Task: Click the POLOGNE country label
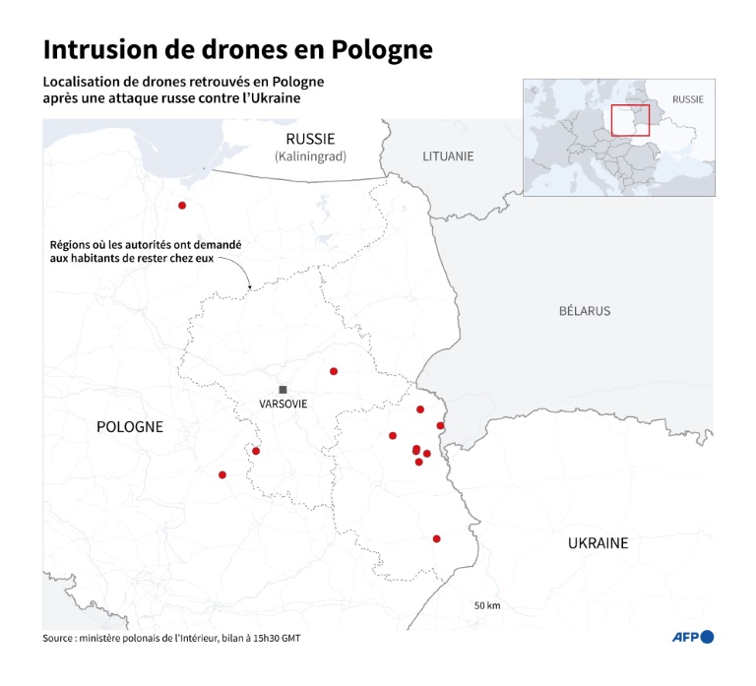(130, 426)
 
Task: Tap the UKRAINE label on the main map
(598, 542)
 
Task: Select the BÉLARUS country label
(584, 311)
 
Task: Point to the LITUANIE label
(448, 156)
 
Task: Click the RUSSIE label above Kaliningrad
(310, 139)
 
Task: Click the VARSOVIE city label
(283, 405)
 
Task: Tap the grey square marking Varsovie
(283, 390)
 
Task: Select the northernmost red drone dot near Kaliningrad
(182, 206)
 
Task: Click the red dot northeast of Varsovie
(334, 371)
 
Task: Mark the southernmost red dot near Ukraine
(436, 538)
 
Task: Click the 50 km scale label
(487, 605)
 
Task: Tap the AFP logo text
(685, 638)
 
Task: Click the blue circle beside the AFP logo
(707, 638)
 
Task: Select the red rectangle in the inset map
(630, 120)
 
